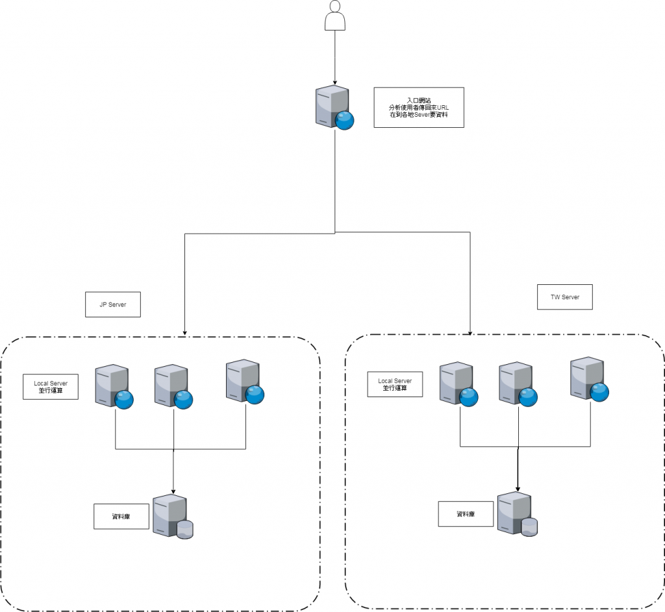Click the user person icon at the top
[334, 16]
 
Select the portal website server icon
[334, 106]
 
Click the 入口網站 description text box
[419, 107]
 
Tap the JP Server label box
[112, 304]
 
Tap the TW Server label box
[565, 297]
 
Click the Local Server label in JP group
[51, 387]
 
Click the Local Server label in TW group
[395, 384]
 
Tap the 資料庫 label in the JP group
[121, 516]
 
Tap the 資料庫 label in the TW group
[466, 513]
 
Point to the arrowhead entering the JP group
[185, 332]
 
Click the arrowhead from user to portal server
[334, 80]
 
